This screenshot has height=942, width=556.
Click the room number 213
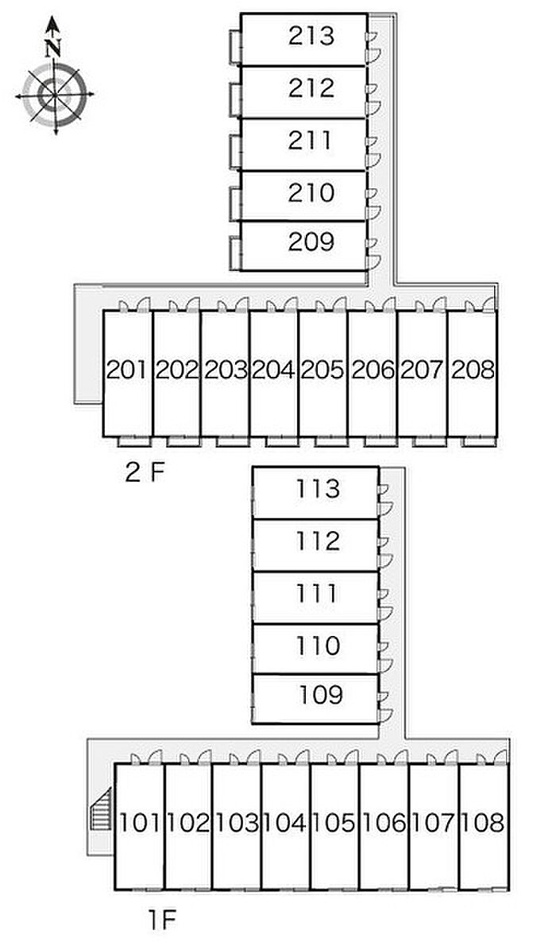coord(311,37)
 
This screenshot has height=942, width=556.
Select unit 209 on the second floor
coord(311,242)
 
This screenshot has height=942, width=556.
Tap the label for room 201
coord(127,370)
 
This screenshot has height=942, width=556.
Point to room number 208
coord(473,370)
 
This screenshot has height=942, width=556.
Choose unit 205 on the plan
coord(323,370)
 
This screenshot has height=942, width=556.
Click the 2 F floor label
coord(145,473)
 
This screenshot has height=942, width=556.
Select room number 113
coord(318,489)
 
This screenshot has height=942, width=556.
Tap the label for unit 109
coord(321,695)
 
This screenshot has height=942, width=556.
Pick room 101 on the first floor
coord(139,823)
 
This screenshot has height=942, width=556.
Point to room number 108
coord(483,823)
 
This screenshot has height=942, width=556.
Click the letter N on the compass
coord(53,48)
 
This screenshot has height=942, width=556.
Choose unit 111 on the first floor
coord(318,593)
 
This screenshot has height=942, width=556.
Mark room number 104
coord(286,823)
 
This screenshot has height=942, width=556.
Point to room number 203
coord(226,370)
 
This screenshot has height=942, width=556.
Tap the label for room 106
coord(384,823)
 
